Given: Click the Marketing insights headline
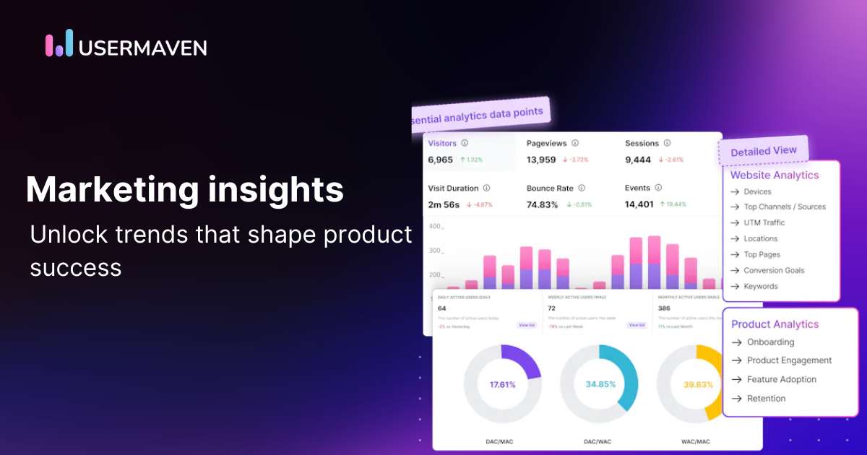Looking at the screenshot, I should (x=184, y=190).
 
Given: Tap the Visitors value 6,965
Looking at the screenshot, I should (x=440, y=160).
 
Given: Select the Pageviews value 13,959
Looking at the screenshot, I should (x=541, y=160).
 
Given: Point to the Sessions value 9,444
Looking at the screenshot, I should (x=638, y=160).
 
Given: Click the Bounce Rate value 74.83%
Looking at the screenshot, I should (x=543, y=204).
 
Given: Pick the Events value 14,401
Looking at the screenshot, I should (x=639, y=204).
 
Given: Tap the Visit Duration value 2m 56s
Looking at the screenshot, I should (x=444, y=204).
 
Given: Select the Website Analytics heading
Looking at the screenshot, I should (x=775, y=175).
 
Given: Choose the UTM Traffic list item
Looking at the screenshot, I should (x=764, y=222).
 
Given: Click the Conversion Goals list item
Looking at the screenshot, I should (x=774, y=270).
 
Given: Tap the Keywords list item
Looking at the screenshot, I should (x=760, y=286).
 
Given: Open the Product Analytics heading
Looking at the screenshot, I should (x=775, y=324).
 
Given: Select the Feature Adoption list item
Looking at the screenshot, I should (x=781, y=379).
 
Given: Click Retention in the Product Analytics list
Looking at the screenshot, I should (x=766, y=398).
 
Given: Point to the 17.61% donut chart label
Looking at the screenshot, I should (x=502, y=384).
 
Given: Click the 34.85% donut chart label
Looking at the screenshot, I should (x=599, y=384).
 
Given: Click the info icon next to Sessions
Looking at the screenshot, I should (x=667, y=143).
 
